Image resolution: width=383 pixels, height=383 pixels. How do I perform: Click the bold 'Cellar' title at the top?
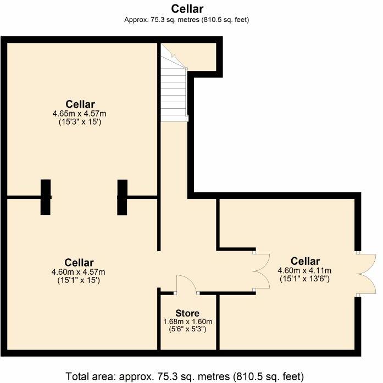click(x=187, y=9)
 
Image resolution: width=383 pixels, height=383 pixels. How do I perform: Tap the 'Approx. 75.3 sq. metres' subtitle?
click(x=187, y=20)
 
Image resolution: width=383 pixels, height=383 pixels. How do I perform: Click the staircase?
click(x=174, y=88)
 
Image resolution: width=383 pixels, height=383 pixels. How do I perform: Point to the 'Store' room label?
click(x=187, y=313)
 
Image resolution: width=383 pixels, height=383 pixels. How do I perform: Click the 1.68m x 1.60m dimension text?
click(x=187, y=322)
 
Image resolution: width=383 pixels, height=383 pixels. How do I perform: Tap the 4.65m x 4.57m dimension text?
click(x=80, y=114)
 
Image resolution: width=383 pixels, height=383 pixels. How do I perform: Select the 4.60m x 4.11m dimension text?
click(x=305, y=270)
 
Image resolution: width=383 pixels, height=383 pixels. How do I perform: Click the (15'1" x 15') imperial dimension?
click(x=79, y=280)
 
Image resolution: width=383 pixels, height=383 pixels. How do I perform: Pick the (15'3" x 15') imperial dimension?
click(x=80, y=122)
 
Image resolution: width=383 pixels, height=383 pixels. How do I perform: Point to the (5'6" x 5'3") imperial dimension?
click(x=187, y=330)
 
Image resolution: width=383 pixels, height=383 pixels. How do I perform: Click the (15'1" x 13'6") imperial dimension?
click(x=305, y=279)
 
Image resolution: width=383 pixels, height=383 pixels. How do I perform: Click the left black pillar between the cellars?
click(x=46, y=197)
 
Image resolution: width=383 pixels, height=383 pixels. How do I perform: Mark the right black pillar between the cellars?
click(x=122, y=197)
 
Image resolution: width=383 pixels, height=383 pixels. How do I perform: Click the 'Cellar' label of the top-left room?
click(x=80, y=104)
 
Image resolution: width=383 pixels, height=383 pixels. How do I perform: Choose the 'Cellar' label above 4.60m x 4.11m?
click(x=305, y=261)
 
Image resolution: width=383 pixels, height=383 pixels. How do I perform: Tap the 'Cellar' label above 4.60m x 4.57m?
click(x=79, y=263)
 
